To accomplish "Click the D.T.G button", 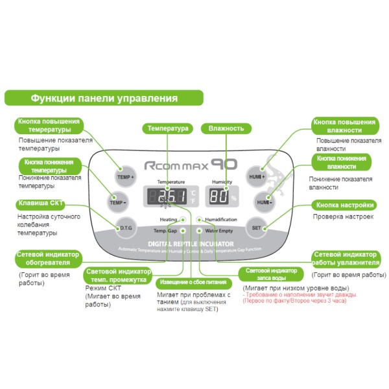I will pos(125,228).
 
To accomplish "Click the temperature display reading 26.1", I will pos(168,196).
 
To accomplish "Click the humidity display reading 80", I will pos(220,196).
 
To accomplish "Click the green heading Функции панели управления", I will pos(104,99).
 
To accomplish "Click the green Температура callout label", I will pos(168,128).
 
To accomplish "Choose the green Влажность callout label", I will pos(226,128).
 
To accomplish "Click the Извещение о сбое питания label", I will pos(191,283).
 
